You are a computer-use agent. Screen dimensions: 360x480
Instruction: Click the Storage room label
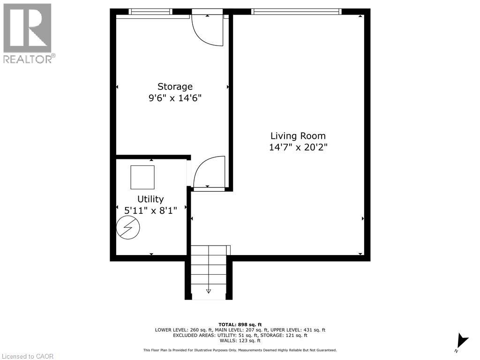coord(175,87)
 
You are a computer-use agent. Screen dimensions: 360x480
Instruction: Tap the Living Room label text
coord(298,136)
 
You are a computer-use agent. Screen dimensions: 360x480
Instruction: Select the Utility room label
coord(150,199)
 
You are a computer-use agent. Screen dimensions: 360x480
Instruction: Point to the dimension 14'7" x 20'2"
coord(298,147)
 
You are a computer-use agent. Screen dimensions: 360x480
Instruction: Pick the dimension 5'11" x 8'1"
coord(150,210)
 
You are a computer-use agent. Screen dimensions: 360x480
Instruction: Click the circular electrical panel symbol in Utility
coord(128,228)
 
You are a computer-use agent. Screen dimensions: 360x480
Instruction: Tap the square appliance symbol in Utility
coord(142,177)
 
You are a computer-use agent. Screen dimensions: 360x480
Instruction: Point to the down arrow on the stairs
coord(209,291)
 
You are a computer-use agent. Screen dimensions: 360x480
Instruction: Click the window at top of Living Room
coord(296,12)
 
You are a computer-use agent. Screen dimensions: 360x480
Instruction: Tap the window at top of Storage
coord(150,12)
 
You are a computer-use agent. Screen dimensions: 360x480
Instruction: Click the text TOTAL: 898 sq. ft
coord(240,324)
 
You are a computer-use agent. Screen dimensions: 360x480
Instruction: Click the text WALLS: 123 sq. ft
coord(240,340)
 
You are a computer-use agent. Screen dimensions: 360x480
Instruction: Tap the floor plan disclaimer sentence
coord(240,350)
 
